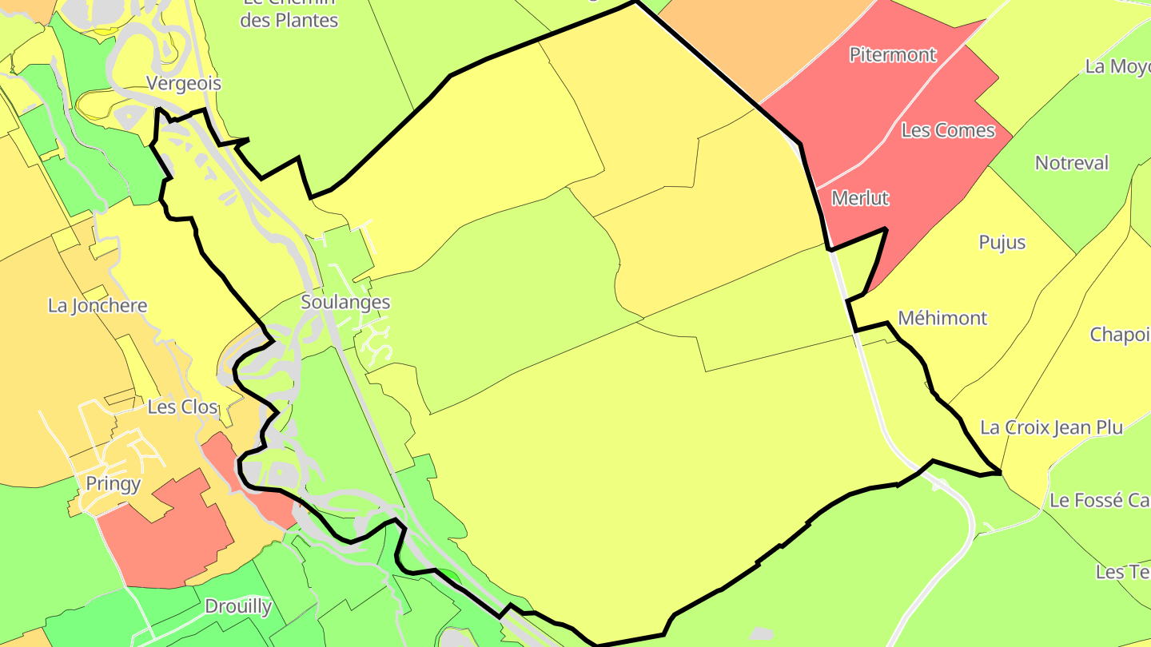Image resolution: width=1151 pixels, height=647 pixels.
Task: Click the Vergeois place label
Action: click(184, 83)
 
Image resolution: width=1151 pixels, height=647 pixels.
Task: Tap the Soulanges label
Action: click(345, 302)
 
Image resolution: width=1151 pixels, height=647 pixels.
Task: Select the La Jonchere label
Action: click(98, 305)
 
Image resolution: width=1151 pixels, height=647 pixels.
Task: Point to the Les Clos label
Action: click(182, 407)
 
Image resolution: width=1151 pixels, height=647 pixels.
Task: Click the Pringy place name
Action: click(114, 483)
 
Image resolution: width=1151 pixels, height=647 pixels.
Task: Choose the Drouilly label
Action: click(238, 606)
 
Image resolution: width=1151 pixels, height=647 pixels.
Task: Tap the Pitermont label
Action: click(892, 54)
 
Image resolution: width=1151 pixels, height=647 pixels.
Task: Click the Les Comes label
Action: click(948, 130)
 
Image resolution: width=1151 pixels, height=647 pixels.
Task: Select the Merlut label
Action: click(860, 197)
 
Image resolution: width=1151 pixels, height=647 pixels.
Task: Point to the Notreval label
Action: click(1072, 163)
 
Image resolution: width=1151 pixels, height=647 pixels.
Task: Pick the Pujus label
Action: click(1002, 242)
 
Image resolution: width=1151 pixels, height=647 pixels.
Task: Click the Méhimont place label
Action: click(942, 318)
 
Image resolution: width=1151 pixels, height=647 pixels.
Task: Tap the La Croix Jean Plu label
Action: click(1051, 427)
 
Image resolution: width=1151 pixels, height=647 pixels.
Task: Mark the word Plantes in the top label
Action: click(309, 21)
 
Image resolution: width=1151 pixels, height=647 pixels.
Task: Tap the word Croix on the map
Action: click(1026, 427)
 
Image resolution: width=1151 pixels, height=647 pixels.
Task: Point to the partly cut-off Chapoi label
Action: click(1121, 335)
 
